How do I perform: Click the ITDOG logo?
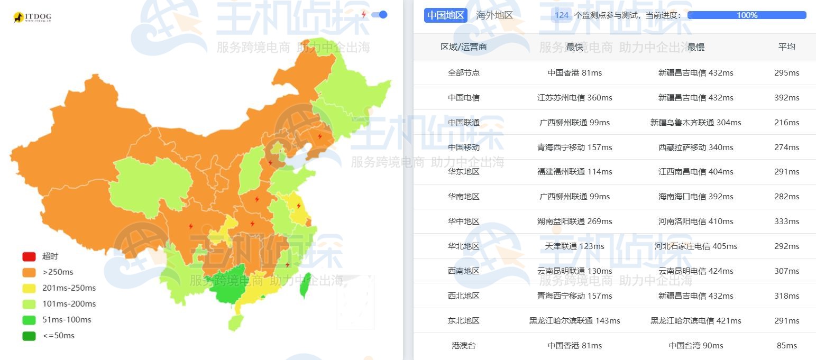coord(32,17)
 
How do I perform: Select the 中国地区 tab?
coord(445,15)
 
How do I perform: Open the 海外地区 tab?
coord(494,15)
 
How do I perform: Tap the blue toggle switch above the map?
coord(380,15)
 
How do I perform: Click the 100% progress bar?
coord(747,15)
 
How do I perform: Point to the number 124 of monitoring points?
coord(562,15)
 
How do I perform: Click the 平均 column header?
coord(786,47)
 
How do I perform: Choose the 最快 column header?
coord(574,47)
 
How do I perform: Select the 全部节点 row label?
coord(463,72)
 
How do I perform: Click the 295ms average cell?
coord(786,72)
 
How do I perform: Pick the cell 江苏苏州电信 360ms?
coord(574,97)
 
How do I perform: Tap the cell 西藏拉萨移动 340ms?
coord(695,147)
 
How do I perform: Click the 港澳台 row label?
coord(463,345)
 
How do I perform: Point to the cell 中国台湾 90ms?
coord(695,345)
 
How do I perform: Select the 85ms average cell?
coord(786,345)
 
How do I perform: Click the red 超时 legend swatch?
coord(29,256)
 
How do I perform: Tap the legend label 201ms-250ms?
coord(69,288)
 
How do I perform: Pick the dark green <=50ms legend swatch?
coord(29,336)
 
